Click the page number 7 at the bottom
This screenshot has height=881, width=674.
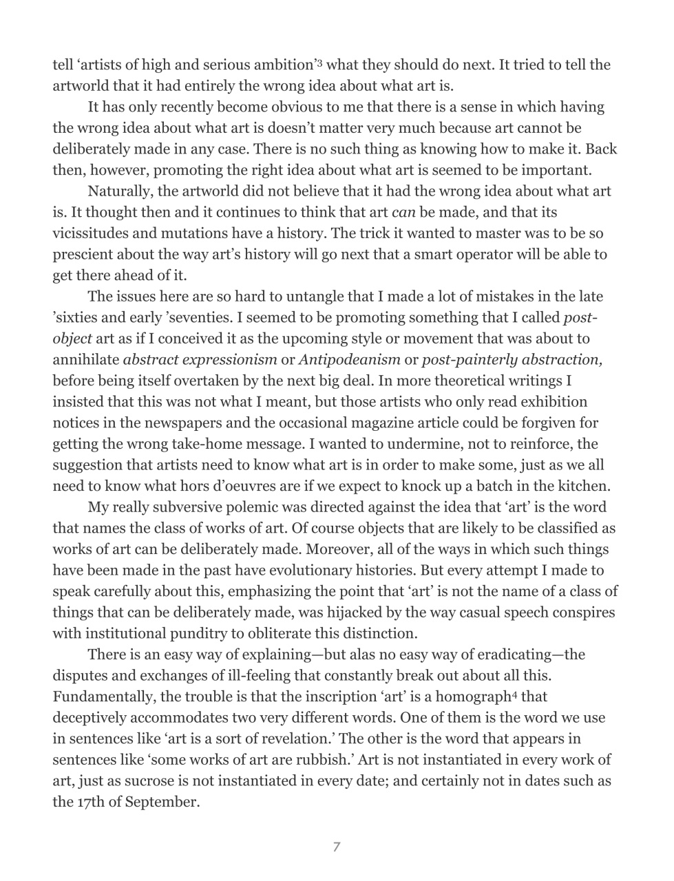coord(336,847)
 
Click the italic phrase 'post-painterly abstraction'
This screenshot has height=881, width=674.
coord(512,359)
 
